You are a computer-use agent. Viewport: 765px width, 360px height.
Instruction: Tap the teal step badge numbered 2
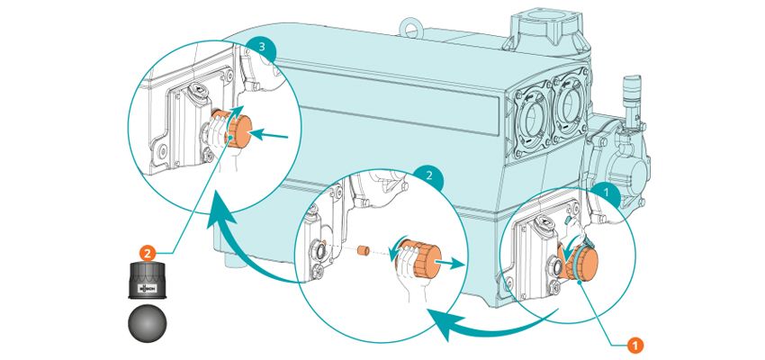tap(429, 177)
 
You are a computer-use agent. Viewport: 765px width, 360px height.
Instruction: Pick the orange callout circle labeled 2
tap(150, 253)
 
